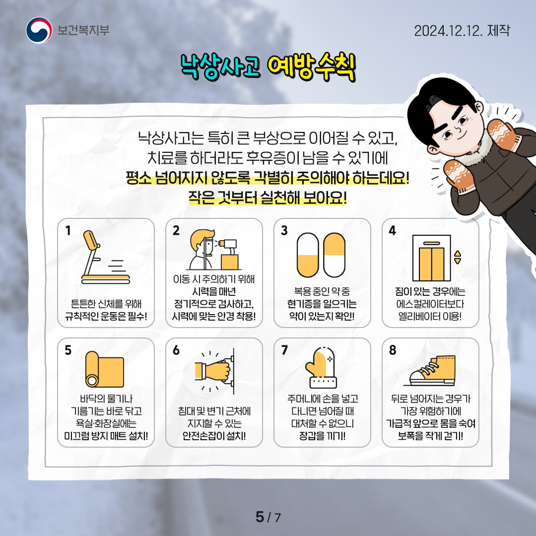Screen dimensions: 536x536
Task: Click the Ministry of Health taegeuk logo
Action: point(39,30)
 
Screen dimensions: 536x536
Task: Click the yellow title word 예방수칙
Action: point(311,67)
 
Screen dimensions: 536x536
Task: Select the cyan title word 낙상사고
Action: point(220,67)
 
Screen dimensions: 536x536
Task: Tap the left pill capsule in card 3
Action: point(308,256)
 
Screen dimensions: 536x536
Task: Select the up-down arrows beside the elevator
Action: point(458,258)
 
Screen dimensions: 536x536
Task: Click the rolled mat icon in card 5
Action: point(105,369)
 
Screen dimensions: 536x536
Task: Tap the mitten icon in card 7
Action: point(321,368)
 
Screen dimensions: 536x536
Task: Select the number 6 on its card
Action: point(176,350)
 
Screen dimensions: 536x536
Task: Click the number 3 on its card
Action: point(284,231)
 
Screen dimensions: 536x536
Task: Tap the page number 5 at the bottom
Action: point(260,517)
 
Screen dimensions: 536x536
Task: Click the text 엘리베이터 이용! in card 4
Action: point(430,316)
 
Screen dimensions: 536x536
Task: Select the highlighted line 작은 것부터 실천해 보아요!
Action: point(268,198)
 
